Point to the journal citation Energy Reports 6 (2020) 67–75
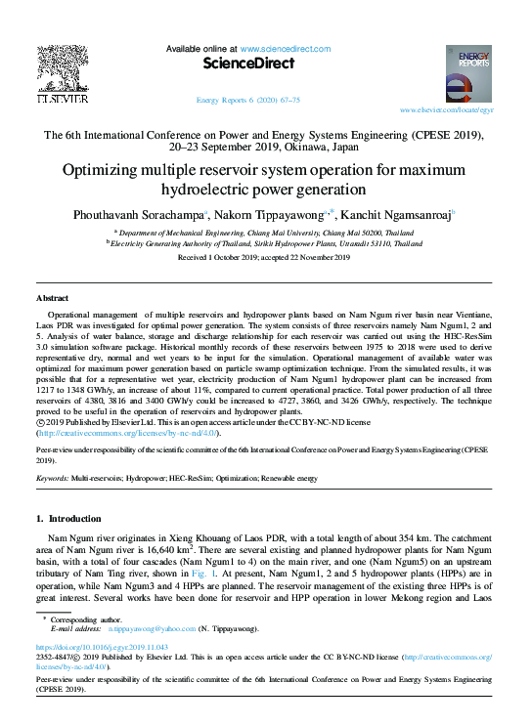248,101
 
